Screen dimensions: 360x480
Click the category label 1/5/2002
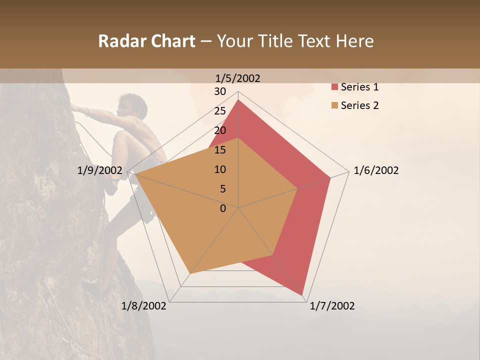click(238, 78)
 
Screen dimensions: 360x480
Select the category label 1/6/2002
click(376, 171)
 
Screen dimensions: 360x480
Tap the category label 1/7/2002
click(332, 306)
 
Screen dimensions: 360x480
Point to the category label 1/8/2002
click(144, 306)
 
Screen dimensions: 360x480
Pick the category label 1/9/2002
click(100, 171)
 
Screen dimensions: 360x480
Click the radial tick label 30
click(220, 91)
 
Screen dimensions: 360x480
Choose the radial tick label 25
click(220, 111)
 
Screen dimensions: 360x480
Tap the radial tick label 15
click(220, 150)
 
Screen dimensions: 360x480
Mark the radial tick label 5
click(222, 189)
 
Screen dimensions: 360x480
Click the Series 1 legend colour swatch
click(334, 87)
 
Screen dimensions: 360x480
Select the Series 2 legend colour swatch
click(334, 105)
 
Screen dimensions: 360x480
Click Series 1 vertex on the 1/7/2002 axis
click(302, 295)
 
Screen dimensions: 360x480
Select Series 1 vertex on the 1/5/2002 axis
click(238, 99)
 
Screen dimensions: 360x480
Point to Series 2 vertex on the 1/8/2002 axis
click(190, 273)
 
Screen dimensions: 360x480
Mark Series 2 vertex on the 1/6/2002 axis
click(297, 188)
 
